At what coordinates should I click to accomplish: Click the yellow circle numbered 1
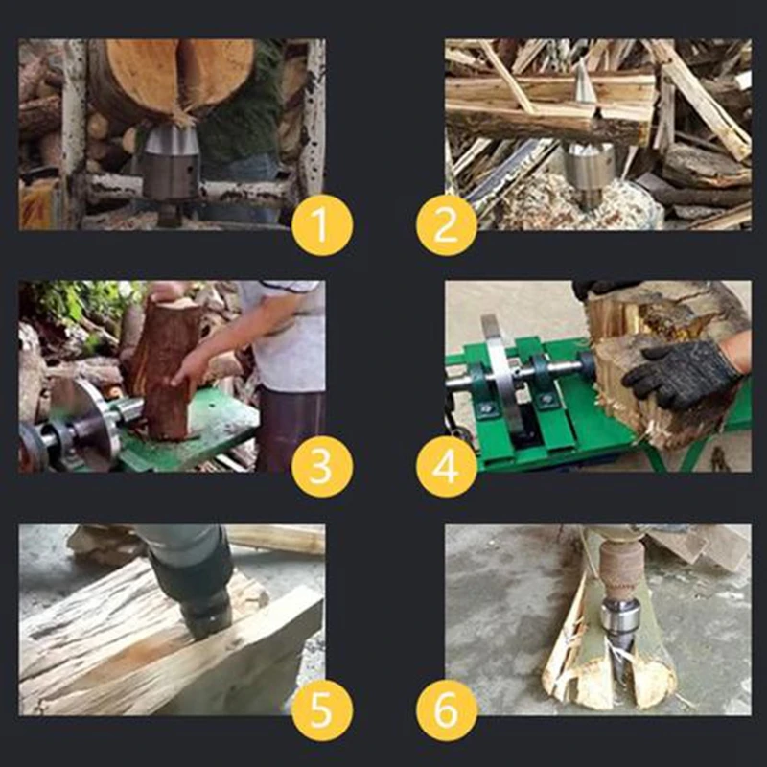pos(322,225)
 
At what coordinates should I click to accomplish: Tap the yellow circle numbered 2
pos(446,225)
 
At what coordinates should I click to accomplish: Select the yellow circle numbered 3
pos(322,467)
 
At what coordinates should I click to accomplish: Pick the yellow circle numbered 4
pos(446,467)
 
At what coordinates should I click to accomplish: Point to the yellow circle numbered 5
pos(322,710)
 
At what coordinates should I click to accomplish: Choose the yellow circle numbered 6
pos(446,710)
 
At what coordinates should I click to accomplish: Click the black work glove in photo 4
pos(683,373)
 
